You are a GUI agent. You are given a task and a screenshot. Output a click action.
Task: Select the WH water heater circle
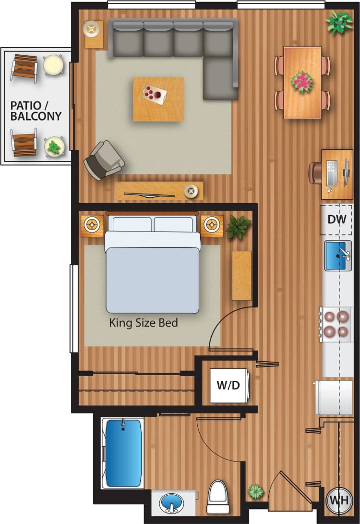[338, 500]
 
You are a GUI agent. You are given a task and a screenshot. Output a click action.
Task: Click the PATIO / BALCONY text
[36, 110]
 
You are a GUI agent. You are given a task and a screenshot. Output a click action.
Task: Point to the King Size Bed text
[144, 323]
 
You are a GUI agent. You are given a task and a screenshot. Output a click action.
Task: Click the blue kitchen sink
[338, 256]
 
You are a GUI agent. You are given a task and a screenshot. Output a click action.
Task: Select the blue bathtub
[123, 452]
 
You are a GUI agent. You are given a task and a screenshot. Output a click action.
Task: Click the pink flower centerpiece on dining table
[302, 82]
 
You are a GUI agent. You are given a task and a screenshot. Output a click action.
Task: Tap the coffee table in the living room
[158, 98]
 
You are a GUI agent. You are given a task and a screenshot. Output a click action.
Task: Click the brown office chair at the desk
[315, 173]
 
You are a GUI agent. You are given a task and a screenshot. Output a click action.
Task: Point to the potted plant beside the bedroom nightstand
[239, 227]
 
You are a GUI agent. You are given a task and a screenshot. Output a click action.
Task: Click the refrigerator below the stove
[333, 397]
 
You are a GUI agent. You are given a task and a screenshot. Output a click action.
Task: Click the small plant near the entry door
[256, 491]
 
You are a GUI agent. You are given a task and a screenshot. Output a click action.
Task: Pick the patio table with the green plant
[54, 146]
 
